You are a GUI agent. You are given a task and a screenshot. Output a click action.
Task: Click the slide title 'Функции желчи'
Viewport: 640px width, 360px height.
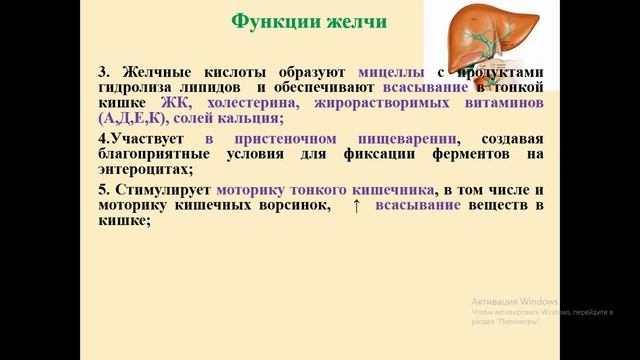pos(310,22)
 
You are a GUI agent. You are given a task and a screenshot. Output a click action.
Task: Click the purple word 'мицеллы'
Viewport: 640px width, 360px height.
pos(396,73)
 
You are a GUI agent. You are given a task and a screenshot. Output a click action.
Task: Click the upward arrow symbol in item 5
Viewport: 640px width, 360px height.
pos(356,206)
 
